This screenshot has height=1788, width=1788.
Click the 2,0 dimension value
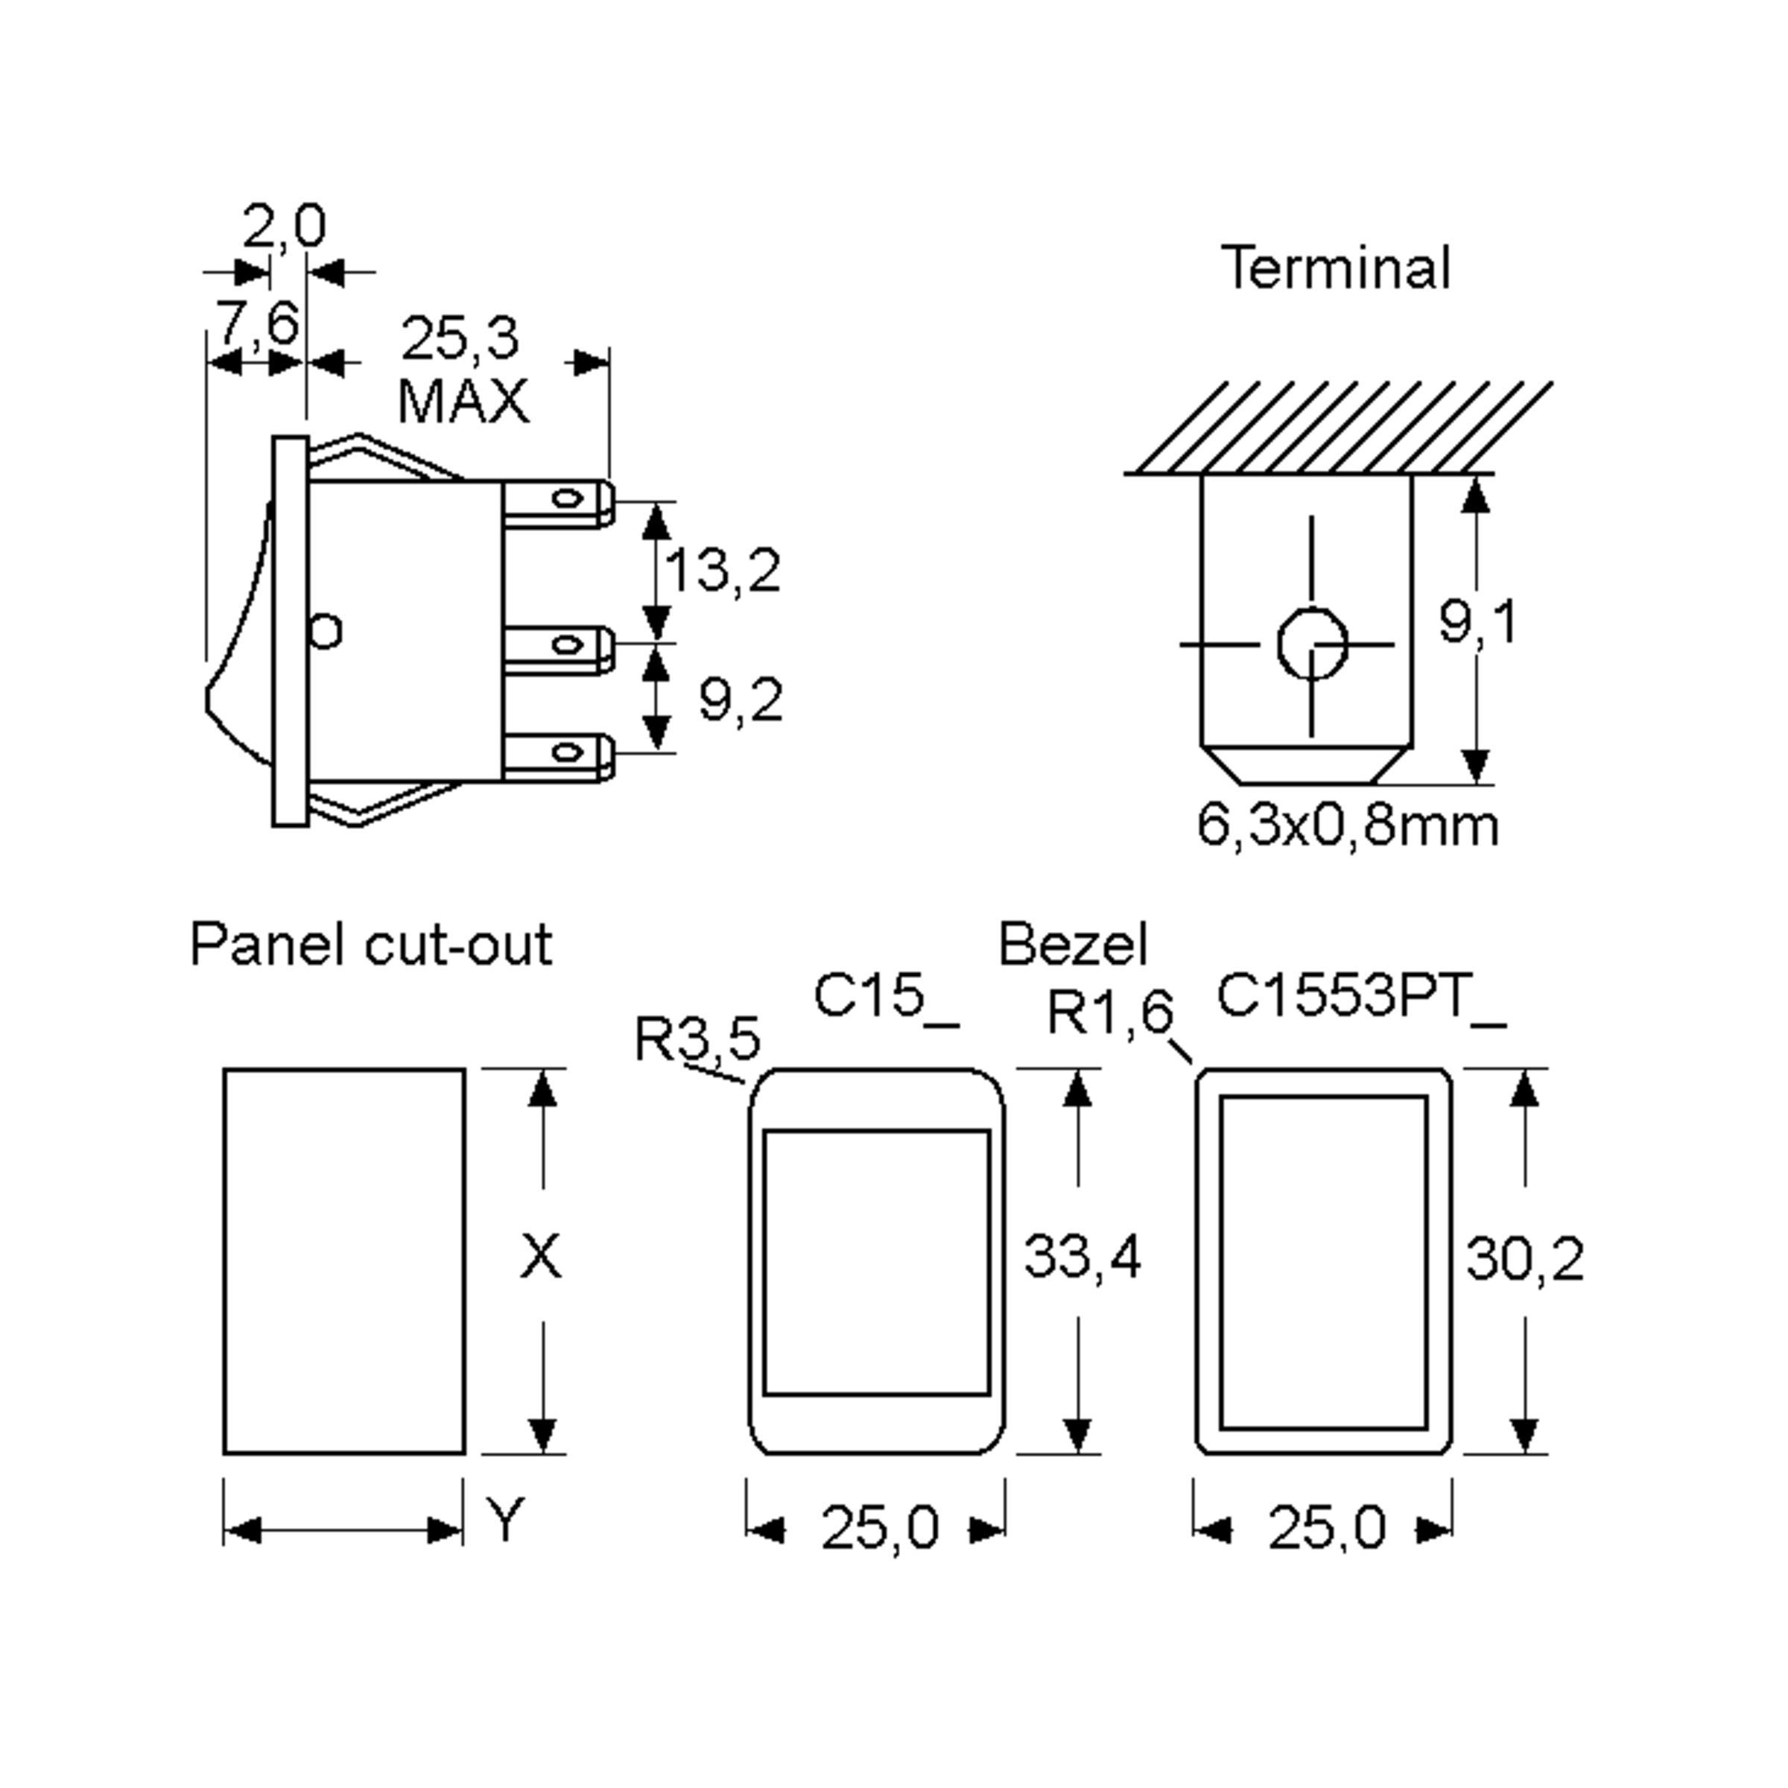pyautogui.click(x=284, y=226)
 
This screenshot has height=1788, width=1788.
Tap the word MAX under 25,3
pyautogui.click(x=463, y=402)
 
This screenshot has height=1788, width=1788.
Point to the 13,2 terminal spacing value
pyautogui.click(x=723, y=570)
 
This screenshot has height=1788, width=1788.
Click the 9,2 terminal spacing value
pyautogui.click(x=741, y=700)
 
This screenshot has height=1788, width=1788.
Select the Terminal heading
pyautogui.click(x=1336, y=267)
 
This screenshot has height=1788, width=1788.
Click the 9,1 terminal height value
pyautogui.click(x=1478, y=622)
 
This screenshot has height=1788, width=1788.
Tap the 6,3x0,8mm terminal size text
pyautogui.click(x=1348, y=825)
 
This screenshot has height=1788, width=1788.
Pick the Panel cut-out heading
pyautogui.click(x=371, y=945)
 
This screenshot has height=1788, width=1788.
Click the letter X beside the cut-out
pyautogui.click(x=540, y=1257)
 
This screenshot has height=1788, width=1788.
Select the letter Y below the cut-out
pyautogui.click(x=505, y=1521)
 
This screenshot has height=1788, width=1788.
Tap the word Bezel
pyautogui.click(x=1073, y=945)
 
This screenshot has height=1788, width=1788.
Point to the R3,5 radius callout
pyautogui.click(x=698, y=1039)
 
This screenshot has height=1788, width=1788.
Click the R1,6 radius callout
pyautogui.click(x=1109, y=1012)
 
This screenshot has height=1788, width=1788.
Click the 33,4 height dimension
pyautogui.click(x=1082, y=1257)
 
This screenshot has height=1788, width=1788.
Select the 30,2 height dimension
pyautogui.click(x=1524, y=1258)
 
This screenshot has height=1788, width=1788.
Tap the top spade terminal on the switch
pyautogui.click(x=558, y=503)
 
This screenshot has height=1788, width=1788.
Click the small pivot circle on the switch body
pyautogui.click(x=326, y=632)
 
